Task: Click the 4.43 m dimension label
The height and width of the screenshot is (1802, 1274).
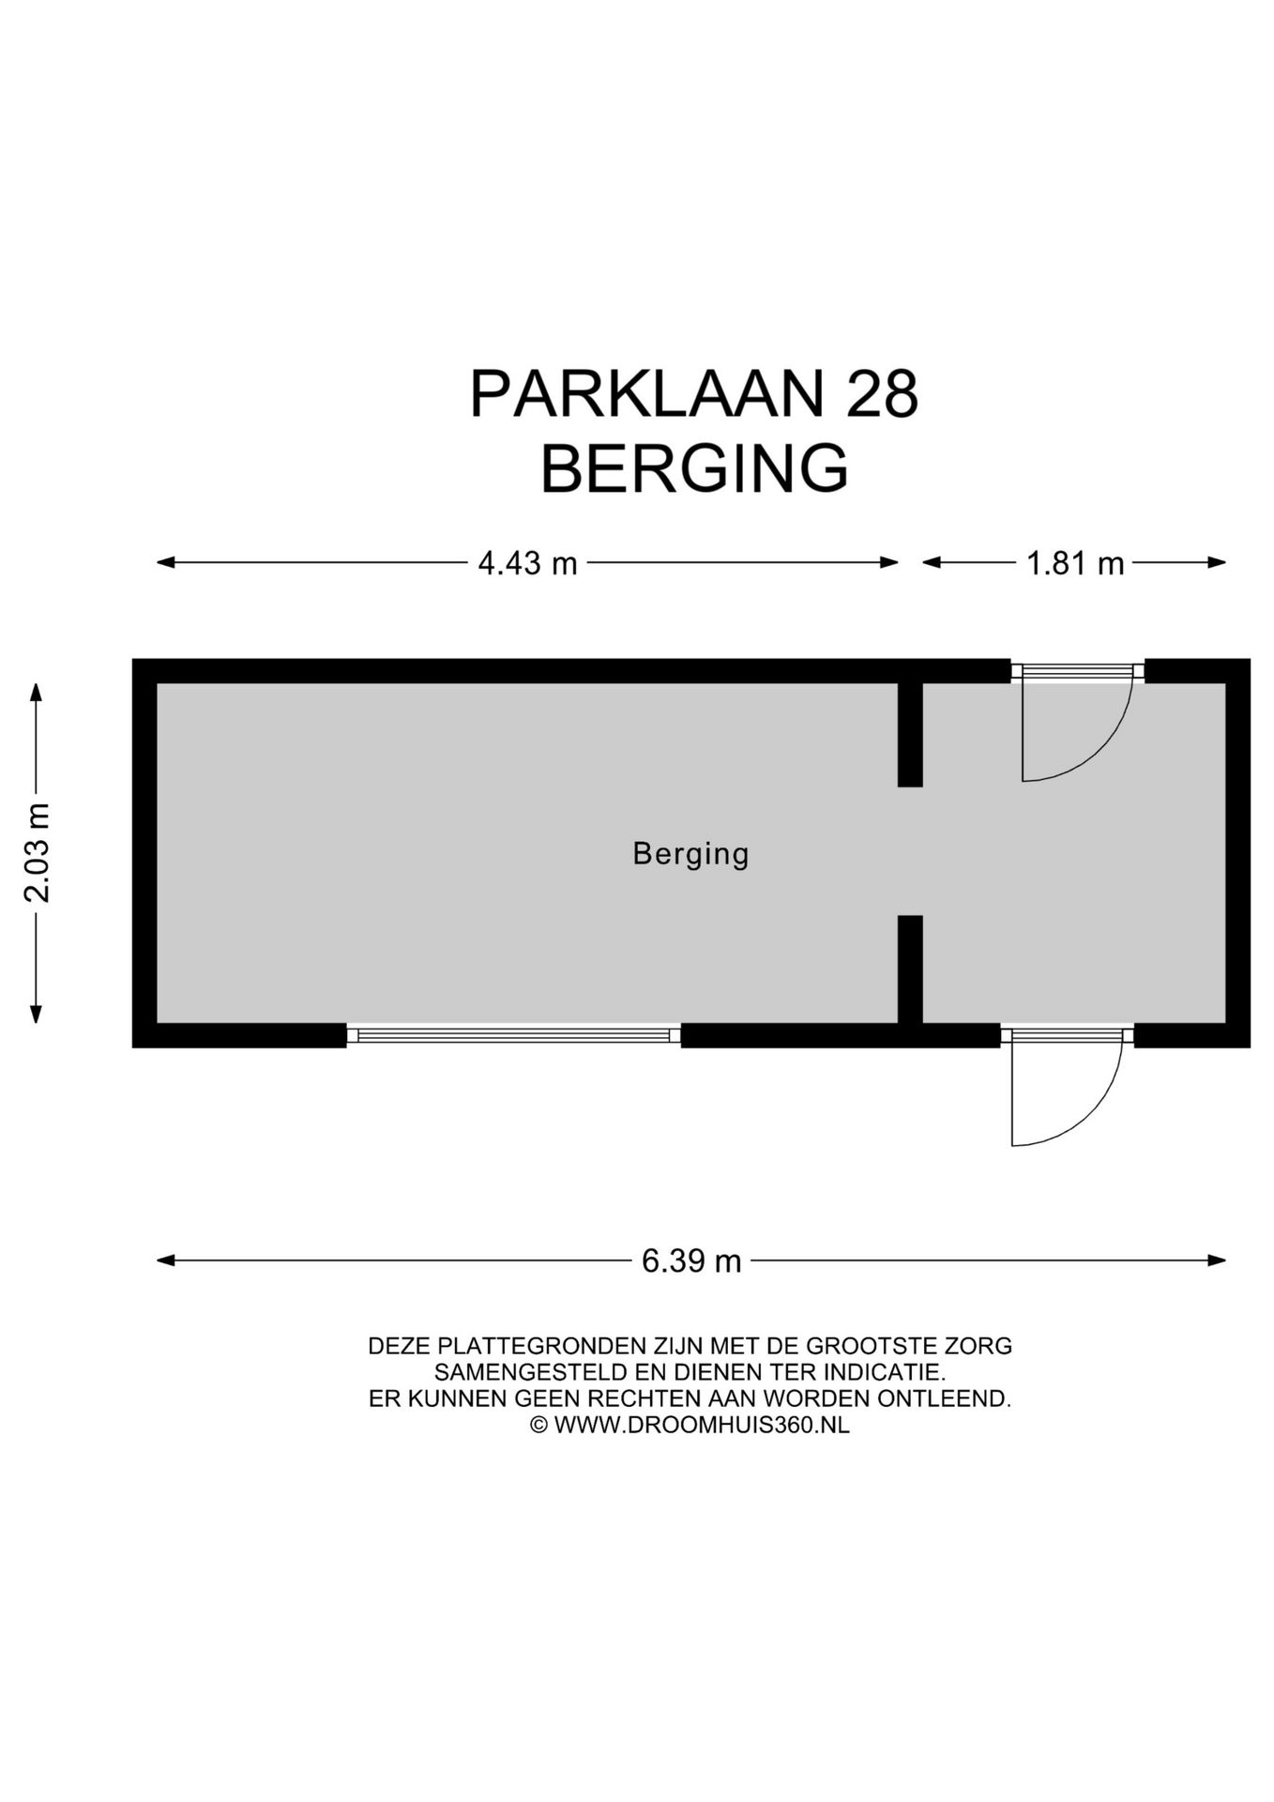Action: point(527,563)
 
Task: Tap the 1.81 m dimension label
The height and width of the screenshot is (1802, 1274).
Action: point(1074,563)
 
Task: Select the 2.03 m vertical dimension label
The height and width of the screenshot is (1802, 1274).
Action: point(37,852)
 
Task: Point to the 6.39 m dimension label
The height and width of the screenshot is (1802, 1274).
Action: point(691,1260)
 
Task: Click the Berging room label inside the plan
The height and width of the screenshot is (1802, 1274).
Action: point(690,854)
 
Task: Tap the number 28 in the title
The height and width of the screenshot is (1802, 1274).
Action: point(881,394)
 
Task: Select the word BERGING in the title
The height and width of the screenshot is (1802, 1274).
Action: point(694,468)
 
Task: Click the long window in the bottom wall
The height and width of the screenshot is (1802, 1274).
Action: point(513,1035)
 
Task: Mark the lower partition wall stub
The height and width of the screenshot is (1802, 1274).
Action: point(910,969)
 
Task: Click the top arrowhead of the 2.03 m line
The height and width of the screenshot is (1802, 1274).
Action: point(37,693)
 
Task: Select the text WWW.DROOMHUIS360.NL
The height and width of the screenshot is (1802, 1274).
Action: point(702,1425)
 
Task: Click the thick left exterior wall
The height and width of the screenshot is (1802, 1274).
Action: point(144,852)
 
